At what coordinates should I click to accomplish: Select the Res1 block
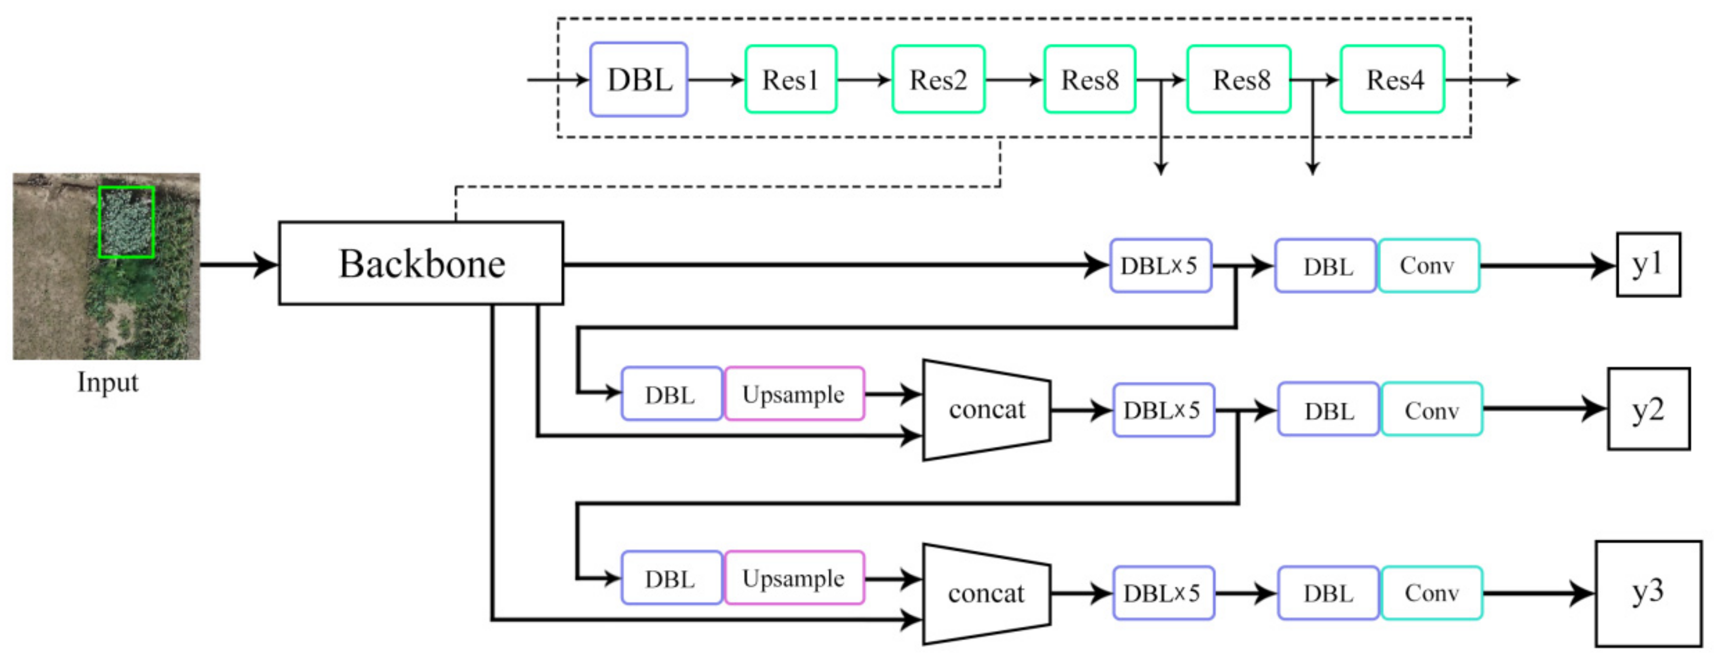pos(790,79)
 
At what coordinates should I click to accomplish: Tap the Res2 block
pos(938,79)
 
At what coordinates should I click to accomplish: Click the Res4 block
pos(1392,79)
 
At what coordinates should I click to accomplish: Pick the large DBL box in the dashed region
pos(639,79)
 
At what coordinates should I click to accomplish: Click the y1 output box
pos(1648,264)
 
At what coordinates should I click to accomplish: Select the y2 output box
pos(1648,409)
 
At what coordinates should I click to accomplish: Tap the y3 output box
pos(1648,593)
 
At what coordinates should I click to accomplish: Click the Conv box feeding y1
pos(1428,265)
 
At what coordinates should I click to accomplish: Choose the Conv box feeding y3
pos(1432,593)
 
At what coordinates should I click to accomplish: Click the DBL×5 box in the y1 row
pos(1160,265)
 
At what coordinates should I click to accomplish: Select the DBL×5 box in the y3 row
pos(1163,593)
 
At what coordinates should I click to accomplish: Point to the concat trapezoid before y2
pos(987,410)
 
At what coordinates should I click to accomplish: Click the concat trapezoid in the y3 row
pos(987,593)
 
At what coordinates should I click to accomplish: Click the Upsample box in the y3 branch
pos(794,578)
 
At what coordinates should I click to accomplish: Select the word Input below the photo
pos(107,382)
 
